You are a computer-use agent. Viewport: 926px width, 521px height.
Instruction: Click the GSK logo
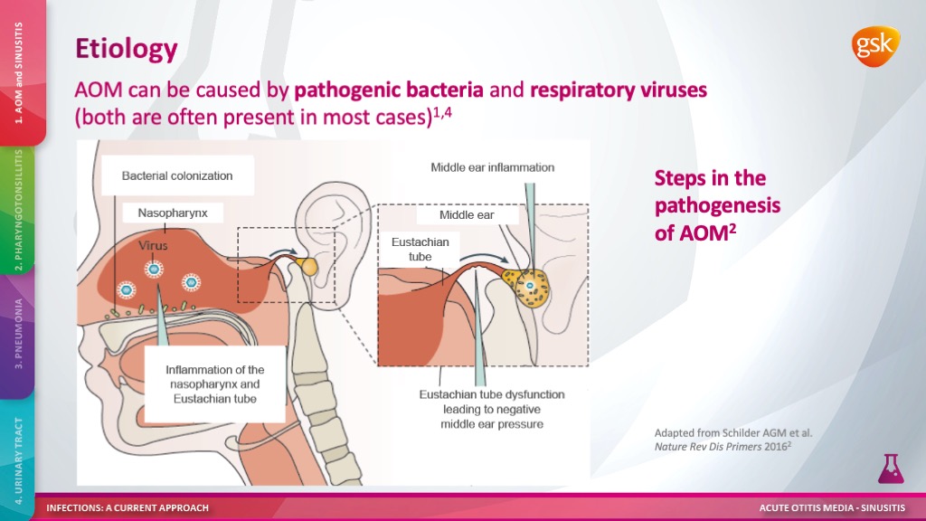point(874,44)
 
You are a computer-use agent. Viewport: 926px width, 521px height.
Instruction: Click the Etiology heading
point(126,48)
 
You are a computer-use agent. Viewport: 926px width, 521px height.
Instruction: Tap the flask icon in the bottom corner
point(891,468)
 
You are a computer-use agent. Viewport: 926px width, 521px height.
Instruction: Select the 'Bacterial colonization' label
point(177,175)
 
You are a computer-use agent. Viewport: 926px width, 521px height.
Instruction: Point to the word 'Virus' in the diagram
point(153,245)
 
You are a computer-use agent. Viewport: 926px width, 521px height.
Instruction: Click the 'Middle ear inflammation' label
point(492,167)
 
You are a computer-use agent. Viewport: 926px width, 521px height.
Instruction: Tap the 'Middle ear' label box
point(467,215)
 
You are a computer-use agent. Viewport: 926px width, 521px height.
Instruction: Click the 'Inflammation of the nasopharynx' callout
point(215,384)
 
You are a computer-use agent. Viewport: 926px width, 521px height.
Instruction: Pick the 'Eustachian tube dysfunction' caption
point(492,409)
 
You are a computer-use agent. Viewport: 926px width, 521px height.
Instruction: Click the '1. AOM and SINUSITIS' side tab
point(19,72)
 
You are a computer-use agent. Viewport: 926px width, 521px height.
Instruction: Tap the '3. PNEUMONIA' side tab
point(18,335)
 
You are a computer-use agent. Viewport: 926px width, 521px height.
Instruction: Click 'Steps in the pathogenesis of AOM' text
point(717,205)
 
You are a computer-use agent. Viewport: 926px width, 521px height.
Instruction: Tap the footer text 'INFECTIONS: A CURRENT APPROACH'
point(128,507)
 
